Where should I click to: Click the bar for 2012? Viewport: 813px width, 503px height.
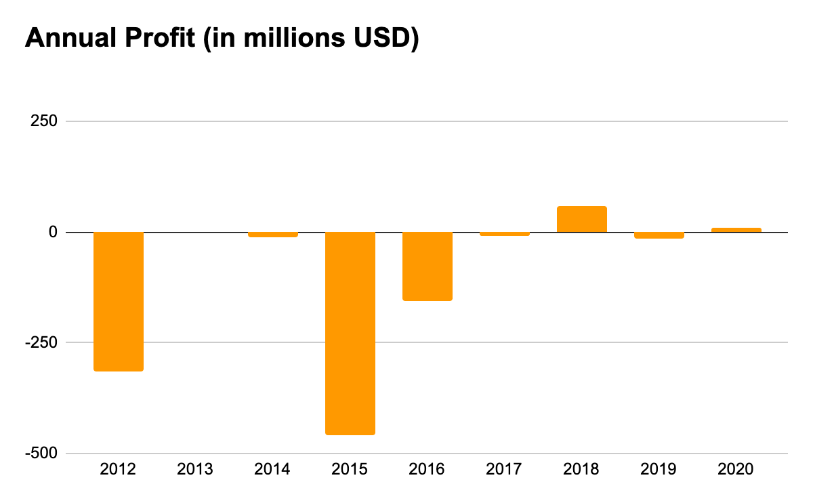[119, 302]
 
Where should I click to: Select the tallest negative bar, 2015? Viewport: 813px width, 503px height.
[350, 333]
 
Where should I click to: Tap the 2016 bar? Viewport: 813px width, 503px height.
[428, 266]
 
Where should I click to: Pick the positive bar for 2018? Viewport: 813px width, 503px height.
[582, 220]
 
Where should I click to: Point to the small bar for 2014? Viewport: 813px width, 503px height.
[273, 235]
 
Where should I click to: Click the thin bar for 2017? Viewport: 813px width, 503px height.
[505, 234]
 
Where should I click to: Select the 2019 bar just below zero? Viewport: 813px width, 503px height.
[659, 235]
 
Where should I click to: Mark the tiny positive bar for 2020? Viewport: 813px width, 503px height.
[736, 230]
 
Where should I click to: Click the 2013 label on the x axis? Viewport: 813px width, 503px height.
[195, 469]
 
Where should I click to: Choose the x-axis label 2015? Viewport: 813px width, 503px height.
[350, 469]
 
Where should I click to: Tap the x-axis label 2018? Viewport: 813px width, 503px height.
[581, 469]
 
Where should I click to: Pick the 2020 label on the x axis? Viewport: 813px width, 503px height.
[736, 469]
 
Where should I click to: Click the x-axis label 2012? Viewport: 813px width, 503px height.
[118, 469]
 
